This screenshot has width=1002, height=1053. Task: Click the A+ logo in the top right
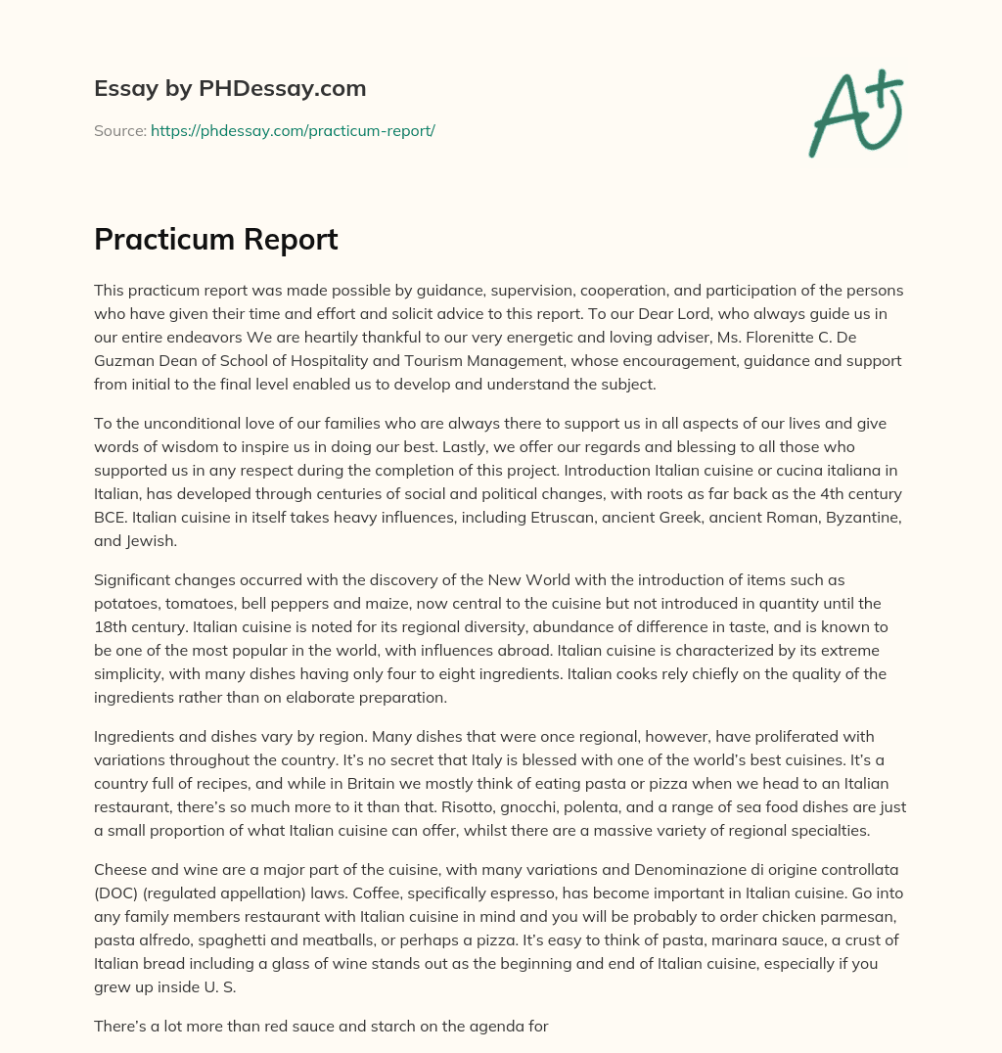click(x=856, y=114)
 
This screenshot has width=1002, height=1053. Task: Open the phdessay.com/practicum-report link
click(x=293, y=130)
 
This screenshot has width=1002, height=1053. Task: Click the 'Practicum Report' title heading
click(x=216, y=239)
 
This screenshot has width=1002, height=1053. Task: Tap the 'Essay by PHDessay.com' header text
click(x=230, y=88)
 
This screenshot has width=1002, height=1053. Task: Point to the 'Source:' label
click(x=119, y=130)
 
